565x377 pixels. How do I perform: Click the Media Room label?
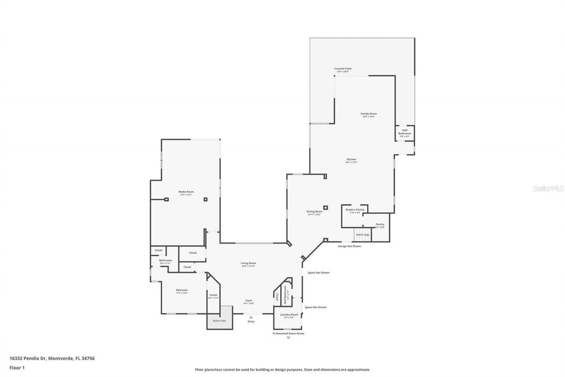point(186,192)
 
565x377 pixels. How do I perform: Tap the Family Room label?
point(369,114)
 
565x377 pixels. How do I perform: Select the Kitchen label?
point(351,160)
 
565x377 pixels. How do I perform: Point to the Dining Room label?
point(315,212)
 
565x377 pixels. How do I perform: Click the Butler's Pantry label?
point(355,209)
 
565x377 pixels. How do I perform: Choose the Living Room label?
point(249,263)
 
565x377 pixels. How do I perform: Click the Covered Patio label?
point(343,69)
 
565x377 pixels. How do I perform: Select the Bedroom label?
point(182,290)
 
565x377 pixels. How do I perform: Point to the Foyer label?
point(249,301)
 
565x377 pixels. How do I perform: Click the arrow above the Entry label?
point(251,316)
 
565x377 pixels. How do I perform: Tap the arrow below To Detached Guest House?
point(288,338)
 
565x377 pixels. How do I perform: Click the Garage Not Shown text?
point(349,246)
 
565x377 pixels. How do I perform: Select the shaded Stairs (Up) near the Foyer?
point(220,317)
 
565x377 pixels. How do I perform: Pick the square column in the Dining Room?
point(326,207)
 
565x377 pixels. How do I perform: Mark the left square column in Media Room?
point(166,199)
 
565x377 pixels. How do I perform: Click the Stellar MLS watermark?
point(548,188)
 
